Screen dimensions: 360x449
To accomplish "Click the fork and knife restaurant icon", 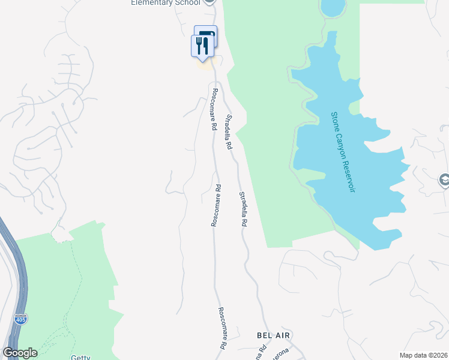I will (x=202, y=46).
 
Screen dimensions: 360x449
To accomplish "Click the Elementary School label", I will (x=166, y=3).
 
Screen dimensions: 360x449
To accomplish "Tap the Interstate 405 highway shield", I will (x=21, y=319).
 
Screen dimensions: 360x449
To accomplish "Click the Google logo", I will (x=20, y=353).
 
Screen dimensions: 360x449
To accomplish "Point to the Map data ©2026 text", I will (x=423, y=356).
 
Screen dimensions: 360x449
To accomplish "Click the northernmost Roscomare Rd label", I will (x=213, y=109).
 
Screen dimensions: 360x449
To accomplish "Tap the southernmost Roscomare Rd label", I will (x=221, y=329).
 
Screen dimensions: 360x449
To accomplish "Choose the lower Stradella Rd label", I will (x=243, y=209).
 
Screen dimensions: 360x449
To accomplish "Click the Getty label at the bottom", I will (x=81, y=358).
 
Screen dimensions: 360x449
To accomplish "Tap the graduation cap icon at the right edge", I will (x=444, y=179).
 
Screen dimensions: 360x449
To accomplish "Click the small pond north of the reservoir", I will (x=333, y=8).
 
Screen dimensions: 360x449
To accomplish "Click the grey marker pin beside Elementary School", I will (x=209, y=2).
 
